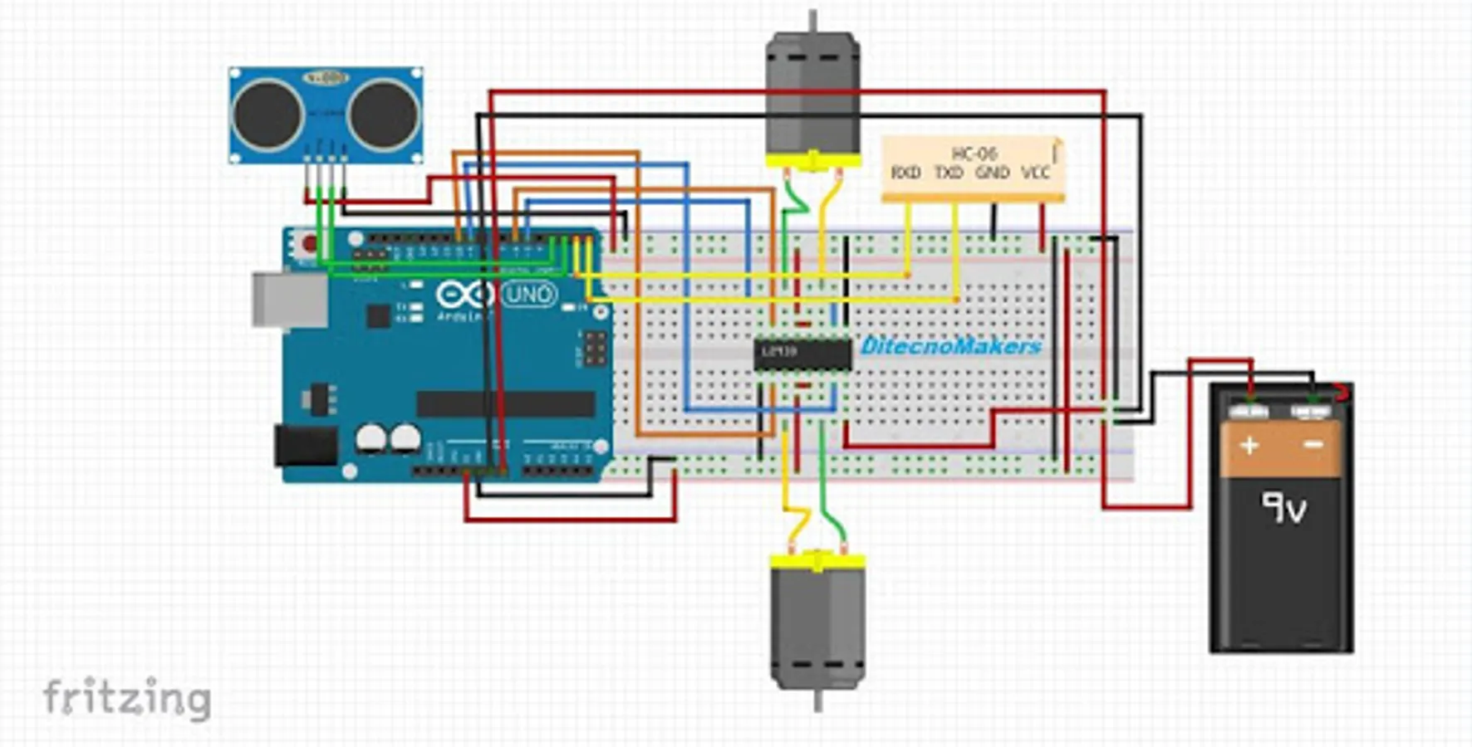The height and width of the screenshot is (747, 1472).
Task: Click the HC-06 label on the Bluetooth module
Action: (x=974, y=154)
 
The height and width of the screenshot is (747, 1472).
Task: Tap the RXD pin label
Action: (x=905, y=173)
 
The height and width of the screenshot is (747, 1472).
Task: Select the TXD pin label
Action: (x=948, y=173)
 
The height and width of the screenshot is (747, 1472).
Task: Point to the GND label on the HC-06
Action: (x=992, y=173)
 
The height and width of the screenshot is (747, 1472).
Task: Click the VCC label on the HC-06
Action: (x=1035, y=173)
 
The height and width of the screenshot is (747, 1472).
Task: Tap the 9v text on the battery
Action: (x=1283, y=507)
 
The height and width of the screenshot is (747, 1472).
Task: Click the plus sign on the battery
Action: (x=1249, y=446)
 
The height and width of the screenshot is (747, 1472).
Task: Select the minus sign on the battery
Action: (x=1313, y=446)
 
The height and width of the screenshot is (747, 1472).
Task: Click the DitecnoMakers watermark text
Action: (x=950, y=345)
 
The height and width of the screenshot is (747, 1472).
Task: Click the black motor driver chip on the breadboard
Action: (x=802, y=354)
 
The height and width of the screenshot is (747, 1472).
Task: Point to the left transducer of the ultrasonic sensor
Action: (x=267, y=115)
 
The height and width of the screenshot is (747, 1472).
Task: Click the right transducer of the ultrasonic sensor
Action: (x=383, y=115)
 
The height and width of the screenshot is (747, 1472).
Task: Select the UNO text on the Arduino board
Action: (x=529, y=295)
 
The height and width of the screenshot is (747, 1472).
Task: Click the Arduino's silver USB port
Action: (x=290, y=300)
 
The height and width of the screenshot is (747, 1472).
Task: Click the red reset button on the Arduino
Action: (x=309, y=244)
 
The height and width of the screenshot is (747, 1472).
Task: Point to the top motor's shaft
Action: (x=812, y=21)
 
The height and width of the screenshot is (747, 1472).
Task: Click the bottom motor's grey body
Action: (x=817, y=627)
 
